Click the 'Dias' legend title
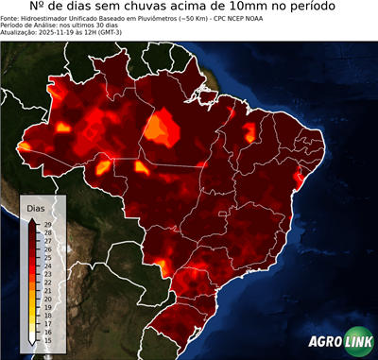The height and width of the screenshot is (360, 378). point(36,207)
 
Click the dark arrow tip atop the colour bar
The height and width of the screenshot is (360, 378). point(32,219)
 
